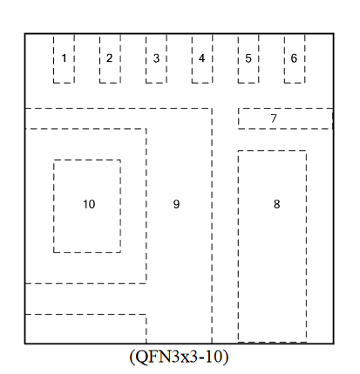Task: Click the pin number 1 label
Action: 65,58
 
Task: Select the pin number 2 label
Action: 109,58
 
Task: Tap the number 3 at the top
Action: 156,58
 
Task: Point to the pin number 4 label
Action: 201,58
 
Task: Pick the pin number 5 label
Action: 248,58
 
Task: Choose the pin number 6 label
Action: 294,58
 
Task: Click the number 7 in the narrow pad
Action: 274,119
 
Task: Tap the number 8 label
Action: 276,204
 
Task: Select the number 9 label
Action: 176,204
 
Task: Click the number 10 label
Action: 89,204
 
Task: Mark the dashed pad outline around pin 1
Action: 53,59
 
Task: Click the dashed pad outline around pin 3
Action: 146,59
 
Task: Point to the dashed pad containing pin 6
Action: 284,59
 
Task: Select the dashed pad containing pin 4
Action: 192,59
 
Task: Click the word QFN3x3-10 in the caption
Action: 179,357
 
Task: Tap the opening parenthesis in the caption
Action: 132,357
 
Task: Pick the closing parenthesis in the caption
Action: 226,357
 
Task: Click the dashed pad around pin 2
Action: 99,59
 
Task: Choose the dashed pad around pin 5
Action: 238,59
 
